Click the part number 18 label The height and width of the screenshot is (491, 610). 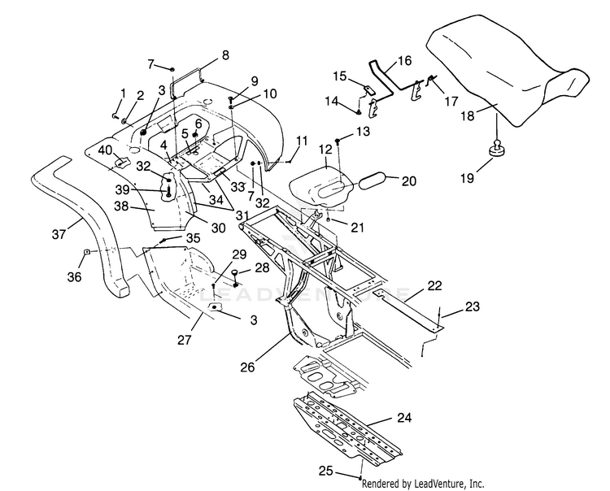click(468, 115)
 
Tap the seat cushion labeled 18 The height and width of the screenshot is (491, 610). click(506, 70)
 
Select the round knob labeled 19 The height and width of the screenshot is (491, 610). click(497, 150)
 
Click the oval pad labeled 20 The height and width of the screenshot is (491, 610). click(373, 180)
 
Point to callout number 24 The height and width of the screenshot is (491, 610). click(404, 418)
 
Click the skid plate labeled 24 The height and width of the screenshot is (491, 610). click(347, 428)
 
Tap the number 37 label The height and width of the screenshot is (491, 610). click(59, 234)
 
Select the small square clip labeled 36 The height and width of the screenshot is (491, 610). click(87, 251)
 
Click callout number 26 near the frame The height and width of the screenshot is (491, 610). click(247, 367)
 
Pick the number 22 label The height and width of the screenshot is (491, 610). click(434, 285)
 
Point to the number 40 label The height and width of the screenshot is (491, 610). click(105, 150)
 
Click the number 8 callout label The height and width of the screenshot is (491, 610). click(225, 55)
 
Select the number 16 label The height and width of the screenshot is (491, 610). click(404, 61)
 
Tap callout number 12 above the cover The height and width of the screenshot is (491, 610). click(325, 150)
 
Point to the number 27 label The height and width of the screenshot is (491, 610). click(185, 340)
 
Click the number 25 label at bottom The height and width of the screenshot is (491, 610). click(326, 471)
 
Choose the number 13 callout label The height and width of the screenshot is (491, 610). click(363, 132)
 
